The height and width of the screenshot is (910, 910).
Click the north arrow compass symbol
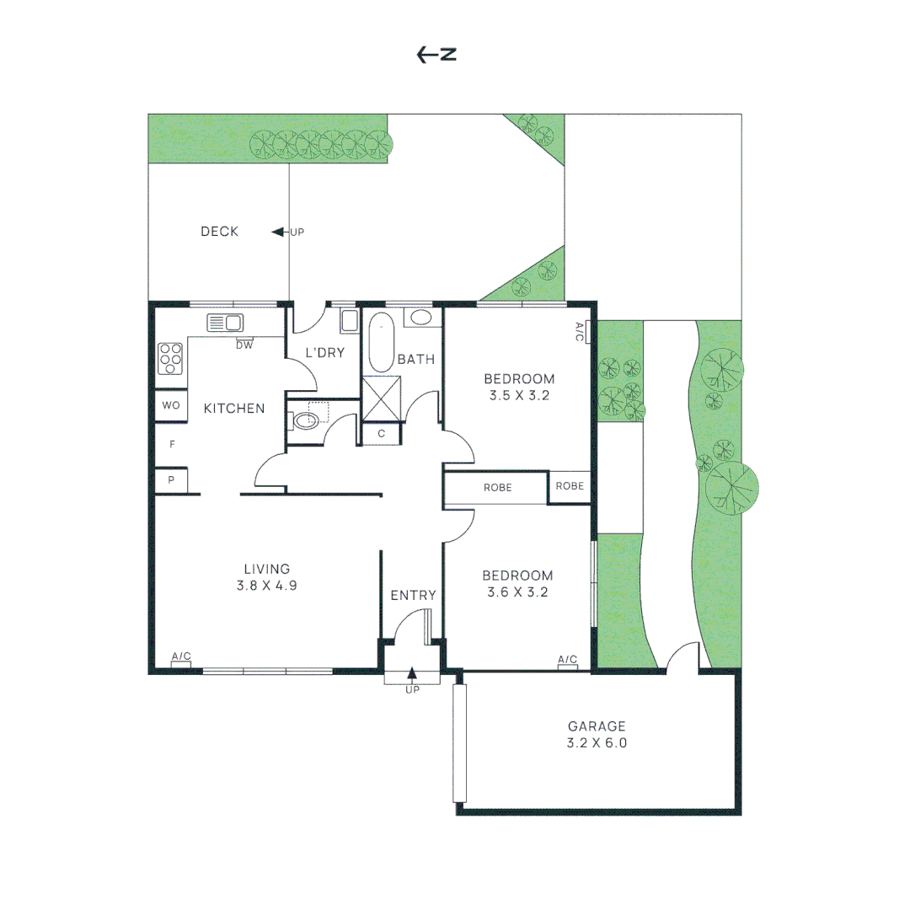pos(436,55)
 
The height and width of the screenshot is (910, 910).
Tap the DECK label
pos(219,232)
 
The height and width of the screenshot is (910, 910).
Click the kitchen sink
pos(225,323)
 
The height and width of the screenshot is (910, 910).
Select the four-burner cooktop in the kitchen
pos(170,358)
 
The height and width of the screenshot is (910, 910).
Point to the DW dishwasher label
pos(244,345)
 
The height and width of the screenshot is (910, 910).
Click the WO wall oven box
pos(170,405)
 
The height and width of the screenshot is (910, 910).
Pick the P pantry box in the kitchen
pos(170,480)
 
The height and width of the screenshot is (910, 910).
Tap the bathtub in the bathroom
pos(382,342)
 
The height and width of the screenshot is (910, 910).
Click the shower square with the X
pos(382,398)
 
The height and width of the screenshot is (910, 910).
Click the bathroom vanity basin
pos(421,317)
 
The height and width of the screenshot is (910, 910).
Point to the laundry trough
pos(350,321)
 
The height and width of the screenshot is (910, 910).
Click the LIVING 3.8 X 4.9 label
pos(266,577)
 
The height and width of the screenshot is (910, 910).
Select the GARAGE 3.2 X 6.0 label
pos(597,734)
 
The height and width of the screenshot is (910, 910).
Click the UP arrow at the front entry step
pos(412,674)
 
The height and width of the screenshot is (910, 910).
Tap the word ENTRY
pos(413,596)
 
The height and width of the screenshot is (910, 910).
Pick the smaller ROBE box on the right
pos(570,486)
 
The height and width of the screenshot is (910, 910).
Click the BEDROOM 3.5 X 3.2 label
pos(519,387)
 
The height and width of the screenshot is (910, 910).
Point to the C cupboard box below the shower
pos(382,434)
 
